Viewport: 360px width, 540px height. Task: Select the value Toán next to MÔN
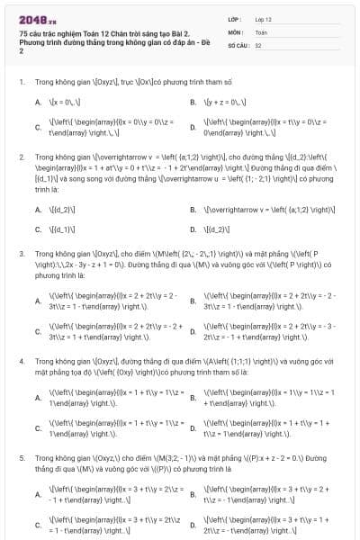click(x=261, y=31)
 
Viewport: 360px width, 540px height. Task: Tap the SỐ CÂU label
click(x=237, y=44)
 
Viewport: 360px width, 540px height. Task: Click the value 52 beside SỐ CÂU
click(x=258, y=44)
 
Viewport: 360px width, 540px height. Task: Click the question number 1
click(x=21, y=82)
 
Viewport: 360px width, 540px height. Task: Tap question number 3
click(x=21, y=254)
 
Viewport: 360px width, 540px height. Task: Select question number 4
click(x=21, y=360)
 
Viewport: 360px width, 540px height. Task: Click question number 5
click(x=21, y=457)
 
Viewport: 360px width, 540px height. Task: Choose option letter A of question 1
click(x=38, y=103)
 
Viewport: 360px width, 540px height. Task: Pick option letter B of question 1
click(x=193, y=103)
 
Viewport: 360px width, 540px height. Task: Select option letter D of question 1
click(x=193, y=127)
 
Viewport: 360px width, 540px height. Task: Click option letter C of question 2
click(x=38, y=229)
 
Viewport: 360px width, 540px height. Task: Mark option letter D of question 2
click(x=193, y=229)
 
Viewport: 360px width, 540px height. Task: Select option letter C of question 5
click(x=38, y=526)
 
